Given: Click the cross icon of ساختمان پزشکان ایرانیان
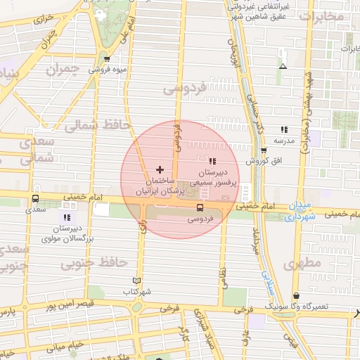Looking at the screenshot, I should pos(160,169).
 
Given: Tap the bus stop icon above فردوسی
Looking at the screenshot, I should pos(200,208).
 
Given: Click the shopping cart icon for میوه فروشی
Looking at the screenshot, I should pos(106,60).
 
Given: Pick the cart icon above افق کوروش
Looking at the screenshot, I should pos(264,150).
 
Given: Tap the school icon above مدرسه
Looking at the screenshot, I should pos(284,129).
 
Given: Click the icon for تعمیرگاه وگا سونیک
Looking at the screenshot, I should pos(296,297).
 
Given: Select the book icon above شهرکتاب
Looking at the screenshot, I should pos(136,280).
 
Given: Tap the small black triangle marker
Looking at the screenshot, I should pos(283,67).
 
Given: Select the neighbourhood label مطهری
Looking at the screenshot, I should pos(304,264).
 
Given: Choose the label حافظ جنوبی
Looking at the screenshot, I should pos(93,263).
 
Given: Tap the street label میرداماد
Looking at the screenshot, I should pos(256,243).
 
